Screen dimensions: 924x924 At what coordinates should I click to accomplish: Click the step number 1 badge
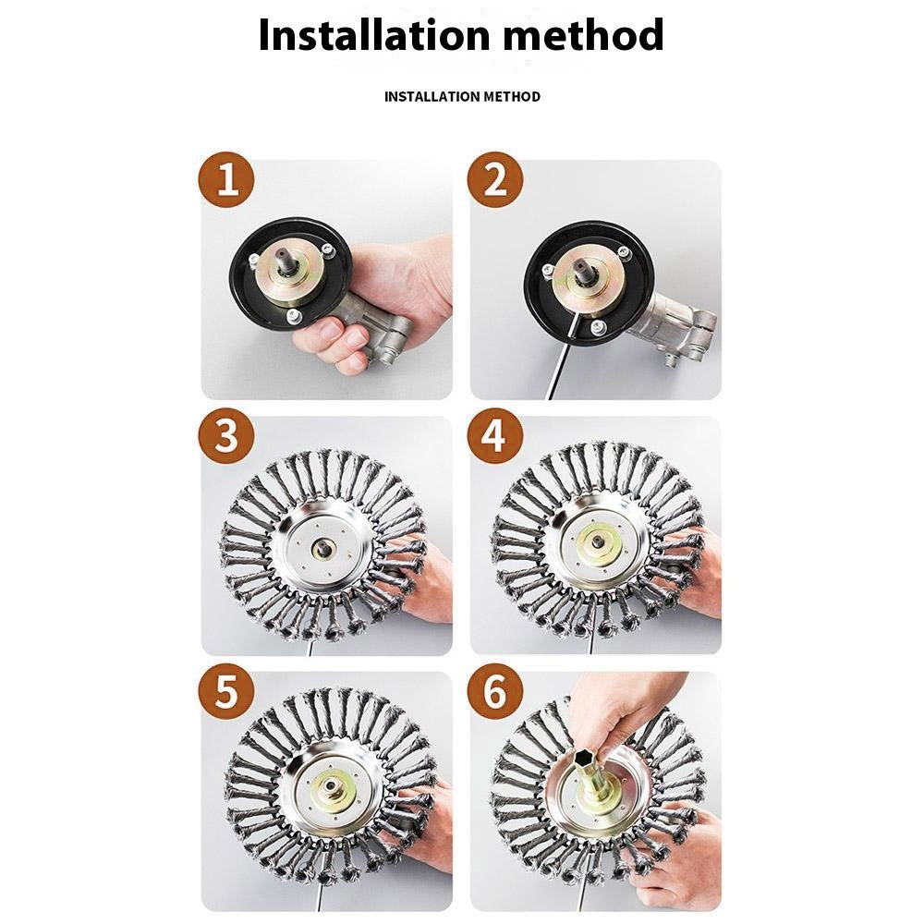(226, 179)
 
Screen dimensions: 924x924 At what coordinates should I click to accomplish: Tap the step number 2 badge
(495, 179)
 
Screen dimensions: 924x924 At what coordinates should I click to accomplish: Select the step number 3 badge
(226, 436)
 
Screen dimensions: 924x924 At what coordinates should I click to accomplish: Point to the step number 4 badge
(495, 436)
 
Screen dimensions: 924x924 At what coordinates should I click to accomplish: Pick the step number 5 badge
(226, 691)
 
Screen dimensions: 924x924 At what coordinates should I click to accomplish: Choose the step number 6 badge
(495, 691)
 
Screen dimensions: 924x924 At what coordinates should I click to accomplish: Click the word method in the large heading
(584, 34)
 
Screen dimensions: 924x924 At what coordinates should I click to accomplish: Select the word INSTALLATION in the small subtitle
(432, 96)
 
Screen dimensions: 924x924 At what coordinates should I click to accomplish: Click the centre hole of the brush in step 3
(323, 551)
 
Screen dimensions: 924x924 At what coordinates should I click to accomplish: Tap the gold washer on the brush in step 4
(598, 542)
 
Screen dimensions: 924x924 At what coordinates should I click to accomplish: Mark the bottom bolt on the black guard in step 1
(293, 318)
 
